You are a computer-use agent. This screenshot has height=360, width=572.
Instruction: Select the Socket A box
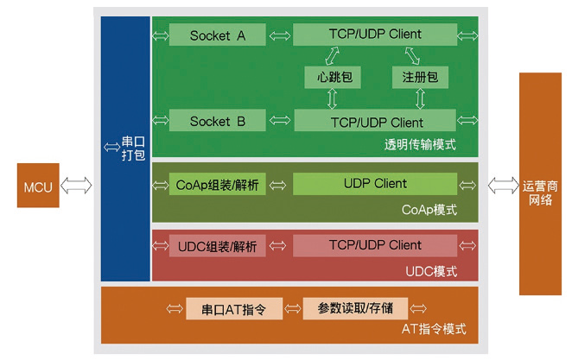point(218,35)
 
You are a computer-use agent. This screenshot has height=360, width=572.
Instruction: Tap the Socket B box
point(218,122)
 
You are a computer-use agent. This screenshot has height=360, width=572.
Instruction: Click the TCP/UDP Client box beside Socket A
point(375,35)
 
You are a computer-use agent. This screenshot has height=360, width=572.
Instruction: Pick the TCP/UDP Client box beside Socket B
point(375,122)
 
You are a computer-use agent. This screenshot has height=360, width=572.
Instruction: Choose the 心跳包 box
point(333,78)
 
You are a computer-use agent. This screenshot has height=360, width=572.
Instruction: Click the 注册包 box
point(419,78)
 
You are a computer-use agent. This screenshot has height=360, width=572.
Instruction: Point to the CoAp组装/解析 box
point(218,185)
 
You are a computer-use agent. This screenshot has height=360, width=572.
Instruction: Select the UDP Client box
point(375,184)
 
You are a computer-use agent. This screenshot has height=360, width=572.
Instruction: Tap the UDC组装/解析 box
point(218,246)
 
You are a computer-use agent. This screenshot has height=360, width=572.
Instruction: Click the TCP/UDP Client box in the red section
point(375,245)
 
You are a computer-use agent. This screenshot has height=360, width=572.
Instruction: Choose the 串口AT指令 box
point(232,308)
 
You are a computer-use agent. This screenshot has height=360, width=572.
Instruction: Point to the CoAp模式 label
point(429,210)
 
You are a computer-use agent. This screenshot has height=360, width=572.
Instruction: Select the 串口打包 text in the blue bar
point(133,149)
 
